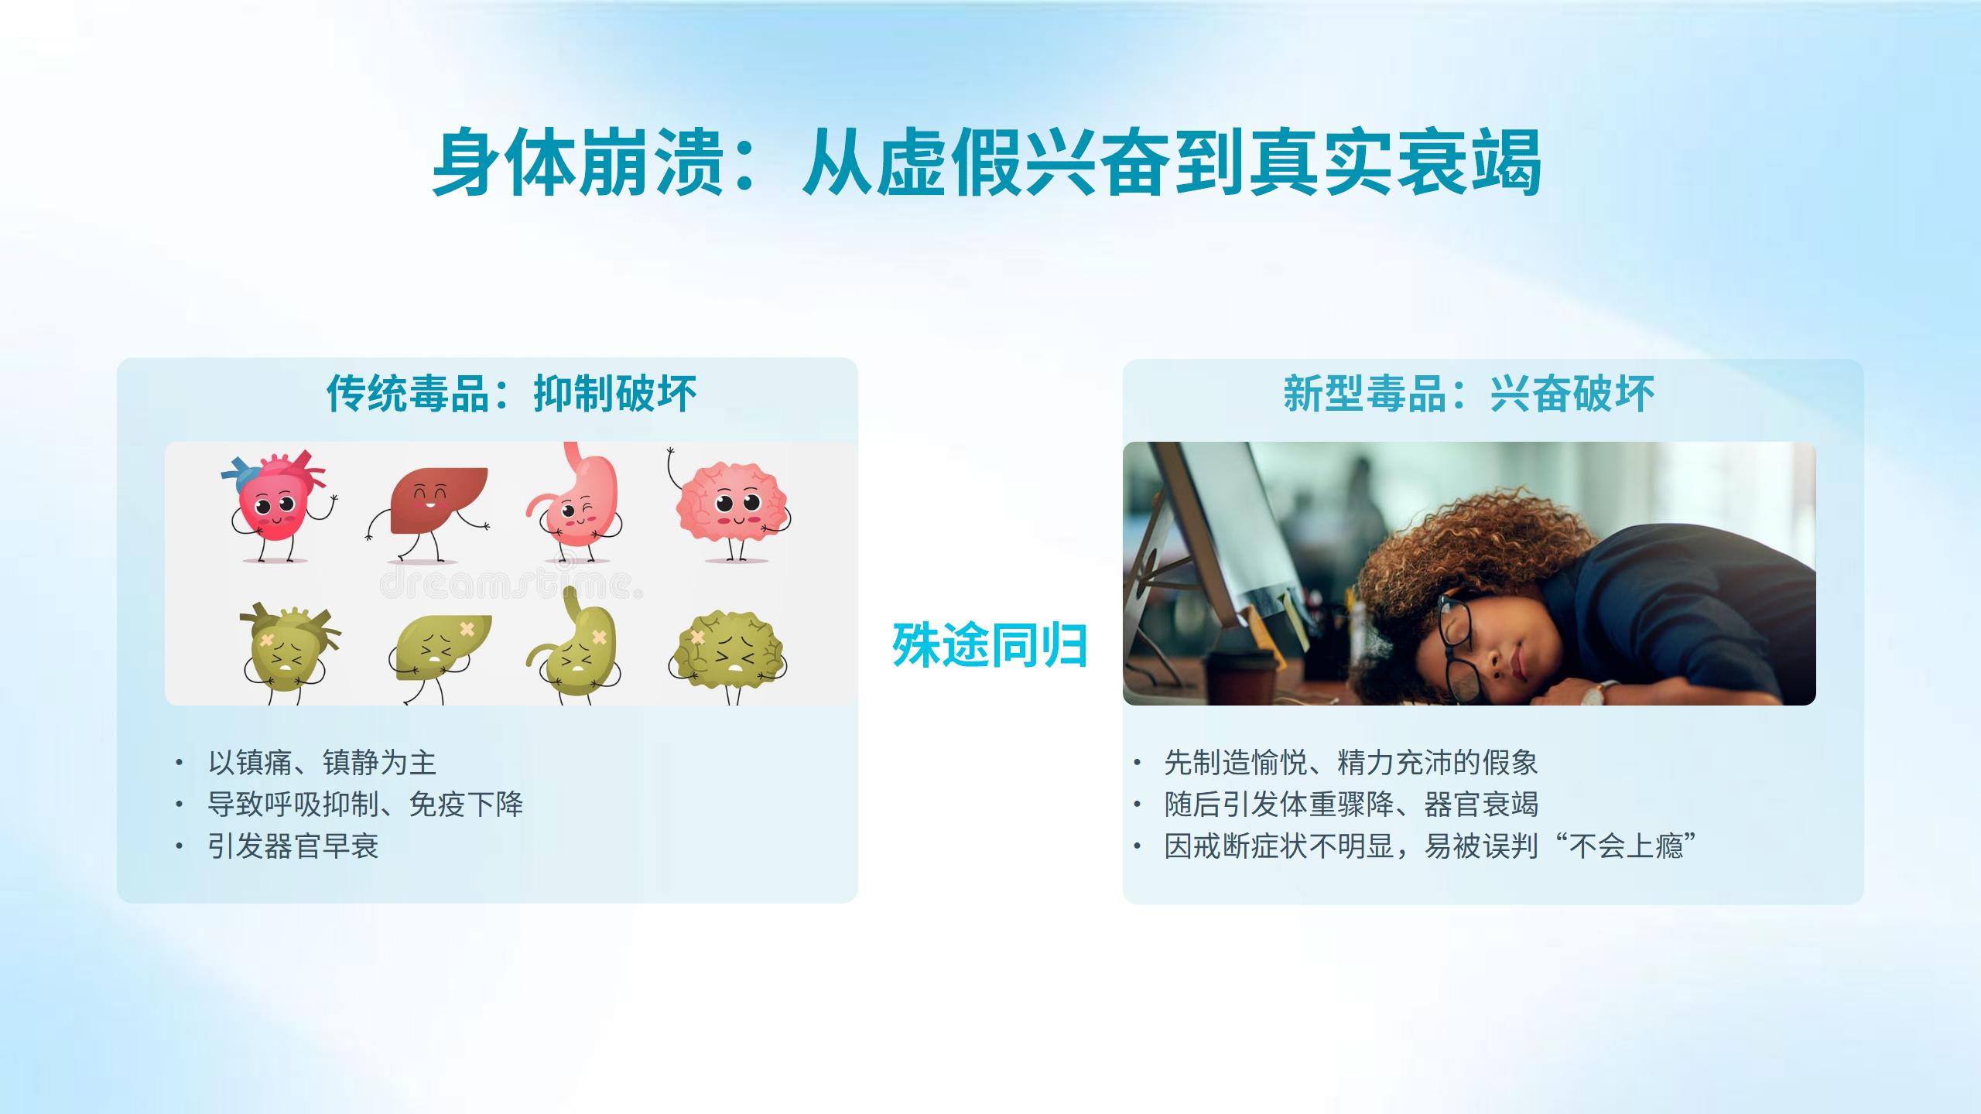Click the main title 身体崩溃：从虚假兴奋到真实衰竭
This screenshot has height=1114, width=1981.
pos(987,163)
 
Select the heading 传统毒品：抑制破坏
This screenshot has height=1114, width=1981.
pos(512,393)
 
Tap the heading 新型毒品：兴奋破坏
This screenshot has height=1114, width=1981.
pos(1469,393)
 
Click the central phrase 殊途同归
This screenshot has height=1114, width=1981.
pos(990,645)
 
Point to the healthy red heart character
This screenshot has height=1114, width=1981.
pos(277,504)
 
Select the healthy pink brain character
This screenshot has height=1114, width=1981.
pos(730,507)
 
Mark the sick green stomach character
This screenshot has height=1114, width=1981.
pos(576,647)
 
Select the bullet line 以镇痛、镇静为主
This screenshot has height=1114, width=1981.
pos(322,763)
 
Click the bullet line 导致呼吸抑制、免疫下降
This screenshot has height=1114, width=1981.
pos(365,805)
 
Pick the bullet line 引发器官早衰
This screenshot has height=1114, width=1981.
pos(293,846)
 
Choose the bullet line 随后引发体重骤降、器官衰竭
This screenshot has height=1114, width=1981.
pos(1351,805)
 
